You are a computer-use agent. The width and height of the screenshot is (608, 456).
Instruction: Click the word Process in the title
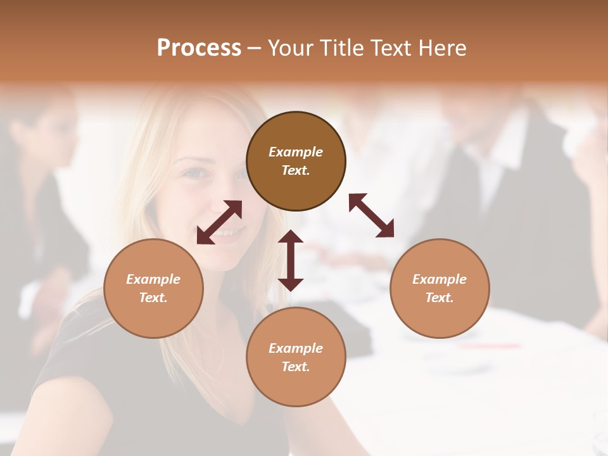[199, 47]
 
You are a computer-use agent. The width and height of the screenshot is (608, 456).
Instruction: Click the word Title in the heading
[340, 47]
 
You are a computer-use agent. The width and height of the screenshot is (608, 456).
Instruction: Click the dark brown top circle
[296, 161]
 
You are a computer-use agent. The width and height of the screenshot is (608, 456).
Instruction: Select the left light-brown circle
[153, 288]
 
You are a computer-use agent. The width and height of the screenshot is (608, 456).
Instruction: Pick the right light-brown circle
[440, 288]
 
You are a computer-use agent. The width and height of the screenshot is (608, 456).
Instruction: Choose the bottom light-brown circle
[296, 357]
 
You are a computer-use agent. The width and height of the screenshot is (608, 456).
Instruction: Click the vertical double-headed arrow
[291, 260]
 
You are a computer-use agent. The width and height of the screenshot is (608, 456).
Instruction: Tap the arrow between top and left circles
[219, 222]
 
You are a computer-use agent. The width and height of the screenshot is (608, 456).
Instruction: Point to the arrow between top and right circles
[372, 215]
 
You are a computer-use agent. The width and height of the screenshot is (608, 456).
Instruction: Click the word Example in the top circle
[296, 152]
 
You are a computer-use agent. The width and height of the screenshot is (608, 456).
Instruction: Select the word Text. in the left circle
[153, 298]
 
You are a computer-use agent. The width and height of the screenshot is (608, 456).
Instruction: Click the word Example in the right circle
[440, 279]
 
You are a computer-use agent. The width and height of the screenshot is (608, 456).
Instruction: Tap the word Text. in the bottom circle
[296, 367]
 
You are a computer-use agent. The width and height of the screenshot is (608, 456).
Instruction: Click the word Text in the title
[391, 47]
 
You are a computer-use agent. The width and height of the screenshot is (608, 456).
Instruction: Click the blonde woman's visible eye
[198, 173]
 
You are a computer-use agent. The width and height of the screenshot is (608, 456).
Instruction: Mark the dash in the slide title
[255, 48]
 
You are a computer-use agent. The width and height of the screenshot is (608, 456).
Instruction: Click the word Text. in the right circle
[440, 298]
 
